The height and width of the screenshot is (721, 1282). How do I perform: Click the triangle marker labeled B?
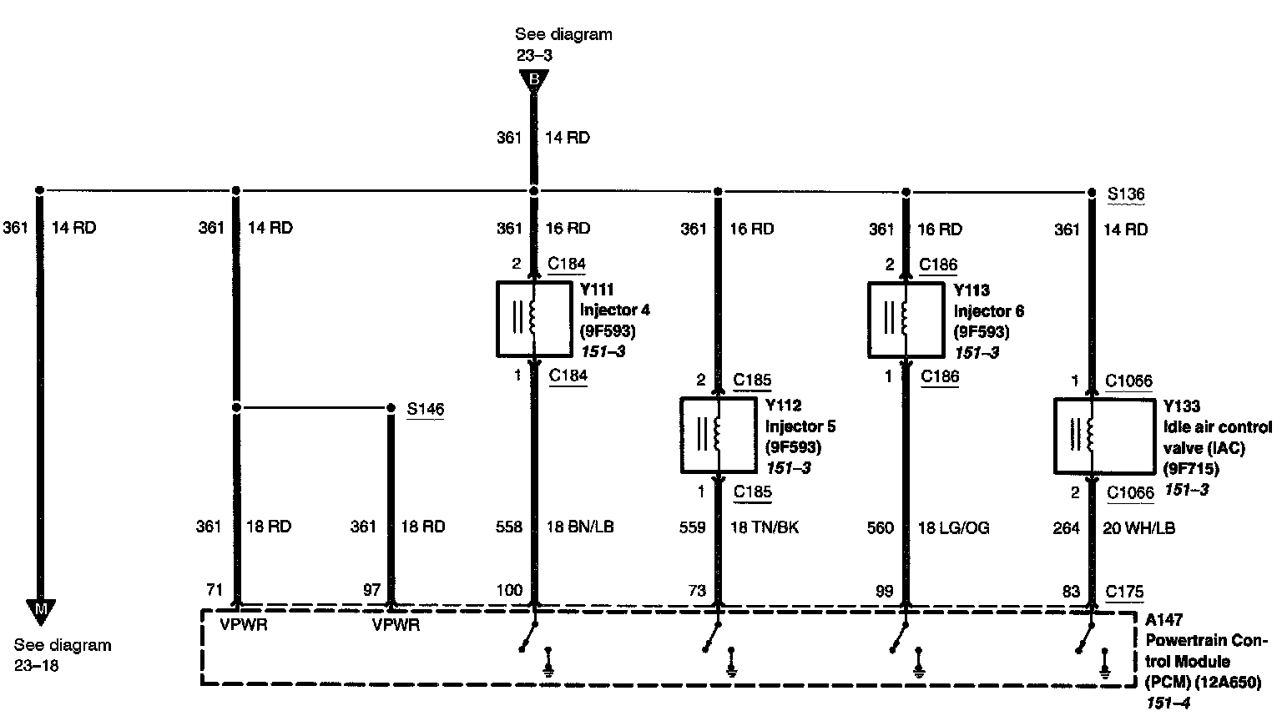point(533,81)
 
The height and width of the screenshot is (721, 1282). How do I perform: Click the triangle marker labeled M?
point(39,610)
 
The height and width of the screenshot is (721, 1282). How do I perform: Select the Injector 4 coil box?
point(532,319)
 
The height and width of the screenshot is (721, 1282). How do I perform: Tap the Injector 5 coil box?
point(716,435)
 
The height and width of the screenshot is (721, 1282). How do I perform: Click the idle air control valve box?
point(1089,436)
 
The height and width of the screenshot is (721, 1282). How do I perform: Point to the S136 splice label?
point(1126,194)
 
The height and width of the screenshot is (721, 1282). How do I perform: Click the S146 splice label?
point(425,409)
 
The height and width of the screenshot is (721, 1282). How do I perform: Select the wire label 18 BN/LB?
point(580,527)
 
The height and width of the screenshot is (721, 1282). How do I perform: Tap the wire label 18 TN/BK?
point(765,527)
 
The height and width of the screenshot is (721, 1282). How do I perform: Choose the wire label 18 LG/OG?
point(953,527)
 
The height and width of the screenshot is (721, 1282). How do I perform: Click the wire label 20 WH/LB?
point(1138,527)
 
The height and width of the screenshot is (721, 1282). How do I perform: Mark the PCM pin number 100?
point(509,590)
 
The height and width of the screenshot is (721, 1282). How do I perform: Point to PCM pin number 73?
point(697,590)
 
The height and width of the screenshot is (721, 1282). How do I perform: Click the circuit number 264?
point(1067,527)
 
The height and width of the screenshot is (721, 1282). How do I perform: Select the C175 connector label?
point(1124,591)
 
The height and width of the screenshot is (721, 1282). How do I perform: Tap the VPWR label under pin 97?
point(396,624)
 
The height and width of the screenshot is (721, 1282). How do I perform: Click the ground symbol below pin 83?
point(1106,664)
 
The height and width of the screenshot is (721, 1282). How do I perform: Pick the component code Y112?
point(783,406)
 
